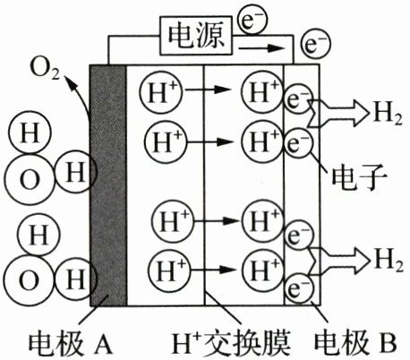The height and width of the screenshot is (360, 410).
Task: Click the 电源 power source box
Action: (196, 36)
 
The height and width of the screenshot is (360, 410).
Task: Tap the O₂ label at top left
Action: (45, 71)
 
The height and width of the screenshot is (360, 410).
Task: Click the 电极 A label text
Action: (71, 343)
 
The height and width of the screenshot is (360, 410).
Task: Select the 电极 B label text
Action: (355, 342)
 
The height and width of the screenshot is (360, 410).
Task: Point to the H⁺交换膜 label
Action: (231, 343)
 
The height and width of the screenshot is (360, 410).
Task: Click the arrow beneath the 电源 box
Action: (261, 47)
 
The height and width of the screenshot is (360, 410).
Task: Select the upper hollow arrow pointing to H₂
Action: (337, 114)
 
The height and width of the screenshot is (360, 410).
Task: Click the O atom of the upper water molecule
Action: (30, 180)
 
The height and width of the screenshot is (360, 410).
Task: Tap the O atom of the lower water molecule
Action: (29, 281)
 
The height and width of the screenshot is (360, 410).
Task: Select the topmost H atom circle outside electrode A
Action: (30, 133)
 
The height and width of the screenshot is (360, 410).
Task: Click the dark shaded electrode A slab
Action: (108, 185)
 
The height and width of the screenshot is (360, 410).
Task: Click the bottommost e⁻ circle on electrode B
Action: (299, 288)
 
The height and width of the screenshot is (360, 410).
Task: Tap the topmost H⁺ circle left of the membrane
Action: (161, 91)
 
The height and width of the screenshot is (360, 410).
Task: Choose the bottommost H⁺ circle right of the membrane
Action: (262, 270)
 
